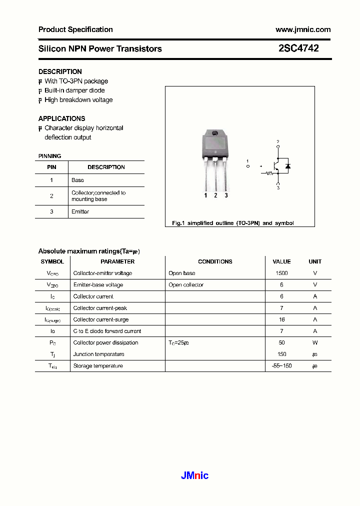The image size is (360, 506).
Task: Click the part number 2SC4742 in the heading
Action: coord(298,48)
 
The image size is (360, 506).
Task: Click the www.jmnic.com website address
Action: coord(303,29)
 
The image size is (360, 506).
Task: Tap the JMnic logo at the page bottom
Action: coord(194,475)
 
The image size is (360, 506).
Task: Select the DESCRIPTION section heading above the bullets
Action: coord(60,71)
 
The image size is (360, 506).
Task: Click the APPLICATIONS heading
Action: coord(61,118)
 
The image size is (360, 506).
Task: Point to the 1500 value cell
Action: coord(281,273)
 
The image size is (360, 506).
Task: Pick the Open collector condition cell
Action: coord(186,285)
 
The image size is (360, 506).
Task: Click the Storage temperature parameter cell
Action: coord(98,366)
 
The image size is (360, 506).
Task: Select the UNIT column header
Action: coord(315,261)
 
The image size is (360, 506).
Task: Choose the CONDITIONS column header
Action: coord(215,261)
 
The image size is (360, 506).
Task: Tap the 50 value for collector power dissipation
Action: coord(281,343)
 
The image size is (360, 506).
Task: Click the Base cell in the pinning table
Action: coord(77,180)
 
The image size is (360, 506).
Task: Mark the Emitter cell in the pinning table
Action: coord(80,212)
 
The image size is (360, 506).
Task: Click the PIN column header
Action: coord(51,167)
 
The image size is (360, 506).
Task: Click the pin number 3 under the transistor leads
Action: coord(226,195)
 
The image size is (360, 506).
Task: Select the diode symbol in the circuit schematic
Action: coord(287,166)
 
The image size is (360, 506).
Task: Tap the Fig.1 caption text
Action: coord(232,223)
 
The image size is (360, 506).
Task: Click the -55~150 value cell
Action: coord(281,366)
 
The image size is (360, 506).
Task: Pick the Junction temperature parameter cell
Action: coord(98,354)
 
